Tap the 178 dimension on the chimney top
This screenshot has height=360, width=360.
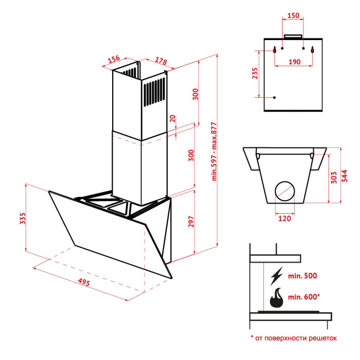coord(161,61)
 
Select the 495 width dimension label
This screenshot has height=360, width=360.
coord(84,282)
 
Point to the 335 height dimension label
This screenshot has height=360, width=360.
coord(23,219)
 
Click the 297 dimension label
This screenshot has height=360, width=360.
coord(191,222)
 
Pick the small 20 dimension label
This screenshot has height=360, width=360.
coord(173,118)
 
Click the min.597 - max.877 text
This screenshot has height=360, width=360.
coord(214,152)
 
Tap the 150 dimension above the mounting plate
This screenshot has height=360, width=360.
coord(294,15)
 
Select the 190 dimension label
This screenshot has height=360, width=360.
coord(295,62)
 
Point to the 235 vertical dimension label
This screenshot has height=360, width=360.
coord(255,73)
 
